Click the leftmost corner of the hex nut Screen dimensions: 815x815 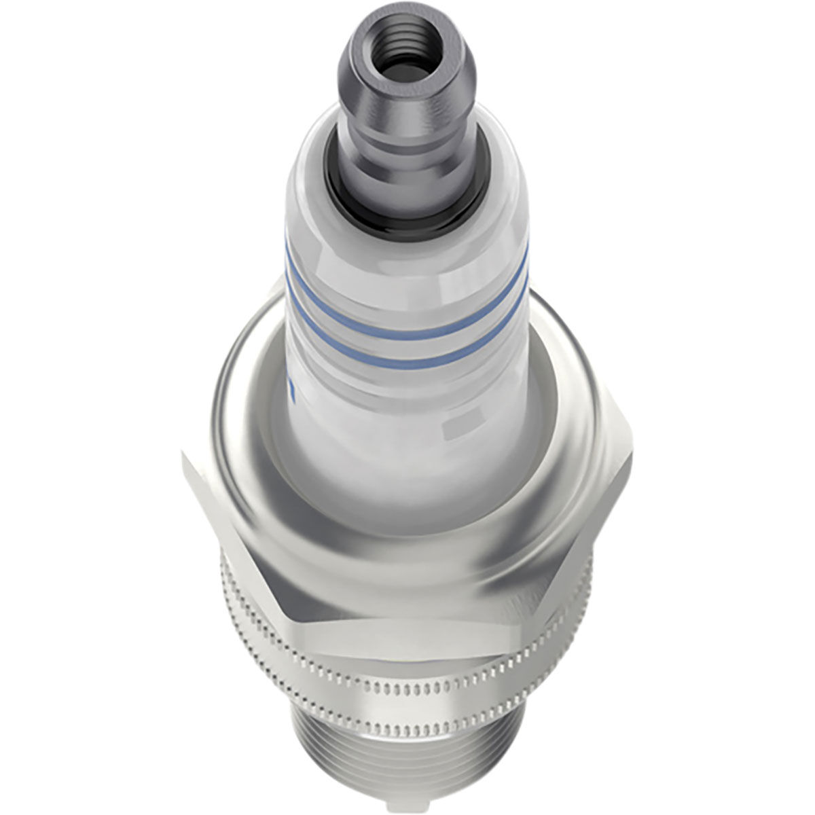(x=185, y=458)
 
